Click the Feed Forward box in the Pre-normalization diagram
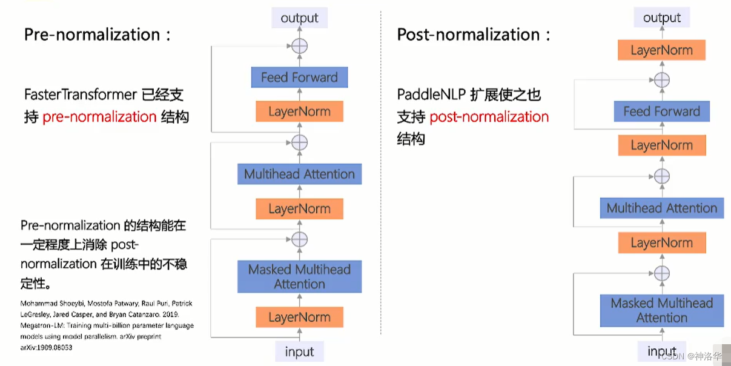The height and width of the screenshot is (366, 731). [299, 78]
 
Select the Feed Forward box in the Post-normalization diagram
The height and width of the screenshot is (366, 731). [661, 111]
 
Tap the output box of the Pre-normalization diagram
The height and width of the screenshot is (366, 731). [299, 18]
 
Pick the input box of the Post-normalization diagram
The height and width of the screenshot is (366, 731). [661, 351]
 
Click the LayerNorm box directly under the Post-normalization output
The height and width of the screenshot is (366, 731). [661, 51]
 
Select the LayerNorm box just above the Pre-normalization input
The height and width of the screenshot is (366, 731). [299, 318]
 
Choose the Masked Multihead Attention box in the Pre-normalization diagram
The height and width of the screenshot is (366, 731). [299, 277]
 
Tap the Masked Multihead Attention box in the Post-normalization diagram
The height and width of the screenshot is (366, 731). [661, 310]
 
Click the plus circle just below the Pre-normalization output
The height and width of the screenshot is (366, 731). [299, 45]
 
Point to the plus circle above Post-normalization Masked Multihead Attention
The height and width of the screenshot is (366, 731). [662, 273]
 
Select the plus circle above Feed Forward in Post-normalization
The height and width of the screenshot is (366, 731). [662, 79]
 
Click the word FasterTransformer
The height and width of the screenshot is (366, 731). [80, 95]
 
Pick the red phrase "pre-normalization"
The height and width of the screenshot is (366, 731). [99, 117]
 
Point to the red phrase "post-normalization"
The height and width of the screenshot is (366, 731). [489, 117]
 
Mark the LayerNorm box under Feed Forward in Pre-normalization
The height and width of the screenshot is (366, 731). [299, 112]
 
